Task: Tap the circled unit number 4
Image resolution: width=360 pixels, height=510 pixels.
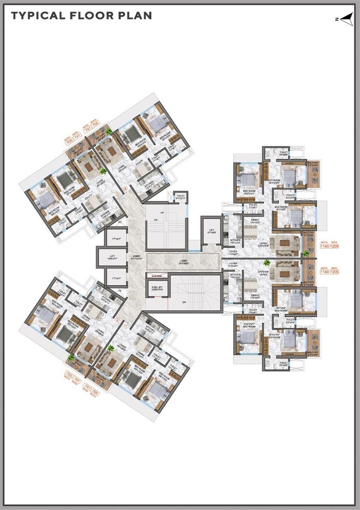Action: pyautogui.click(x=125, y=189)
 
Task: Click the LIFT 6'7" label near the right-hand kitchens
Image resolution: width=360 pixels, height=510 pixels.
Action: pyautogui.click(x=210, y=232)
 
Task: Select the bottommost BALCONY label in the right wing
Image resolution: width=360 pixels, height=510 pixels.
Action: pyautogui.click(x=312, y=353)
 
